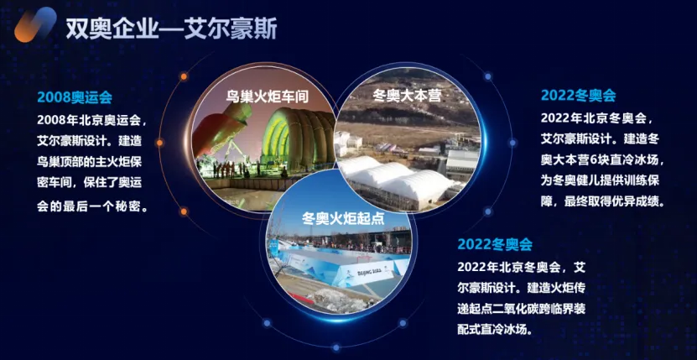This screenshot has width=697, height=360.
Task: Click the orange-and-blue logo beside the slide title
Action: click(35, 26)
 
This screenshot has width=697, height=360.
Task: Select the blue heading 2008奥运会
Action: click(75, 97)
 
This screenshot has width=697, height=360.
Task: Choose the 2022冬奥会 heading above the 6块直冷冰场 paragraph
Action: click(578, 95)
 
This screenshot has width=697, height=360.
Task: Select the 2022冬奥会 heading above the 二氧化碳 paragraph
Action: click(495, 244)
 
